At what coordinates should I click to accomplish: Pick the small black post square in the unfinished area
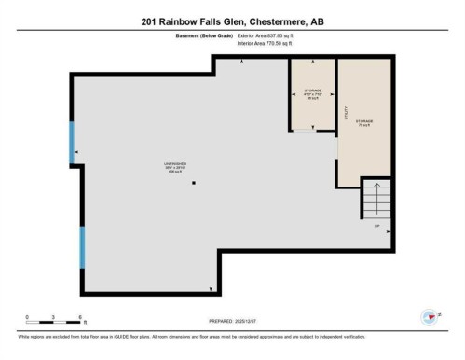(x=193, y=183)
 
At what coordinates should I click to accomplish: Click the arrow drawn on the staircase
(x=376, y=199)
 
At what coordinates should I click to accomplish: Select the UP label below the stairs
(x=376, y=227)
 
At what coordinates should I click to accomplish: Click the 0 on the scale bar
(x=27, y=317)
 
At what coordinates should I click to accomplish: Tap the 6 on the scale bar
(x=82, y=317)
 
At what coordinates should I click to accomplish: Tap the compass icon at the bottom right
(x=430, y=318)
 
